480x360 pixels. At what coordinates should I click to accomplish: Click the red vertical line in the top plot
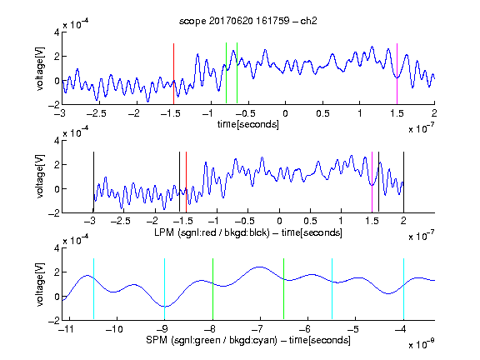pos(173,74)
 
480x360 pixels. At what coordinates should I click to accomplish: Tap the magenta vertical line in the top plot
pos(397,74)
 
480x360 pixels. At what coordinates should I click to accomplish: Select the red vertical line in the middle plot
pos(186,182)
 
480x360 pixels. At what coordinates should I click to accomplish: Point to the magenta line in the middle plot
pos(372,182)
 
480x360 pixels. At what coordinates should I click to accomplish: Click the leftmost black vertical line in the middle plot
pos(93,182)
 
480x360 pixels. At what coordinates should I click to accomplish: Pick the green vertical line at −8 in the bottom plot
pos(212,288)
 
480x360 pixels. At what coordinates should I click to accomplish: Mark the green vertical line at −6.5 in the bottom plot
pos(284,288)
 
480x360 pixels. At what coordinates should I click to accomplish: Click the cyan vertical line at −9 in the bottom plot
pos(164,288)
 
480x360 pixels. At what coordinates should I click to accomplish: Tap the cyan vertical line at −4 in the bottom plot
pos(404,288)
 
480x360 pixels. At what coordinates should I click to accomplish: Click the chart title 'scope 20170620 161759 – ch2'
pos(248,21)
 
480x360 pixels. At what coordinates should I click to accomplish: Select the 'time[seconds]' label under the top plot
pos(248,124)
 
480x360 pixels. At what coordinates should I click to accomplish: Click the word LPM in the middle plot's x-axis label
pos(164,232)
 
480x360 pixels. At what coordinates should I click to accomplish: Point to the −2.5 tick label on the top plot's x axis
pos(97,113)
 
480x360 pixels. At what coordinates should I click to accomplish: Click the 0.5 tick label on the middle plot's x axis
pos(310,221)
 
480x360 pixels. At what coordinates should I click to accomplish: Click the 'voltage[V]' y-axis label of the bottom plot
pos(40,284)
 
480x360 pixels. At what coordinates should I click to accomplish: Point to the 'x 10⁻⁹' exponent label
pos(422,344)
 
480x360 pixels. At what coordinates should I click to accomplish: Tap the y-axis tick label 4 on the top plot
pos(57,32)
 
